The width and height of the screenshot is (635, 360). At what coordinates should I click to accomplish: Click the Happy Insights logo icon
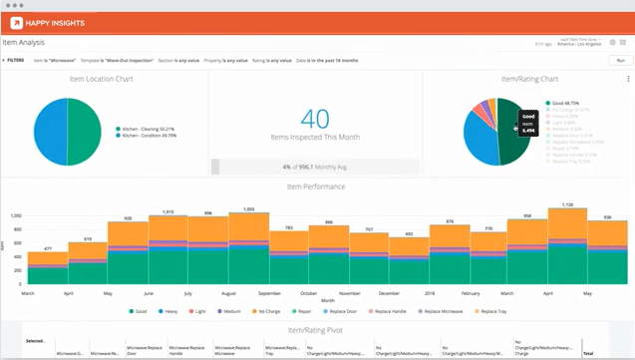[18, 22]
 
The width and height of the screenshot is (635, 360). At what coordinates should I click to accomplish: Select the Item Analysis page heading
[25, 43]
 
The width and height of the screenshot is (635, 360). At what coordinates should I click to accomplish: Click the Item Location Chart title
[104, 79]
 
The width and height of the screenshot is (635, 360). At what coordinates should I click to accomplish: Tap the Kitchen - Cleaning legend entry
[150, 129]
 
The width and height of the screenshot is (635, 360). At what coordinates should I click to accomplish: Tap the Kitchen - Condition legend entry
[150, 136]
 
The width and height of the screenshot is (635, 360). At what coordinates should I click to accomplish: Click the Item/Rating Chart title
[528, 79]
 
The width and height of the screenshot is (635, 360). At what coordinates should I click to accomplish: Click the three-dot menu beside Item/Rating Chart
[627, 79]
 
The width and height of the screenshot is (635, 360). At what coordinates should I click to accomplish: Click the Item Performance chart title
[317, 186]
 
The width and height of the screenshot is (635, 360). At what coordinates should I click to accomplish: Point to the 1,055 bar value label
[248, 209]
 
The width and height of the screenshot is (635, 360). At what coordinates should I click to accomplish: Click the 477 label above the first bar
[47, 248]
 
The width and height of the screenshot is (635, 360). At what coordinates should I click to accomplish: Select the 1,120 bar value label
[567, 206]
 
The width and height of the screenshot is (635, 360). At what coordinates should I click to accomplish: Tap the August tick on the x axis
[229, 294]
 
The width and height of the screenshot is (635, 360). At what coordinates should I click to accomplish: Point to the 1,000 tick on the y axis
[15, 214]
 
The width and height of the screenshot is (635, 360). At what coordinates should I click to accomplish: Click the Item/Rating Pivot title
[317, 328]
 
